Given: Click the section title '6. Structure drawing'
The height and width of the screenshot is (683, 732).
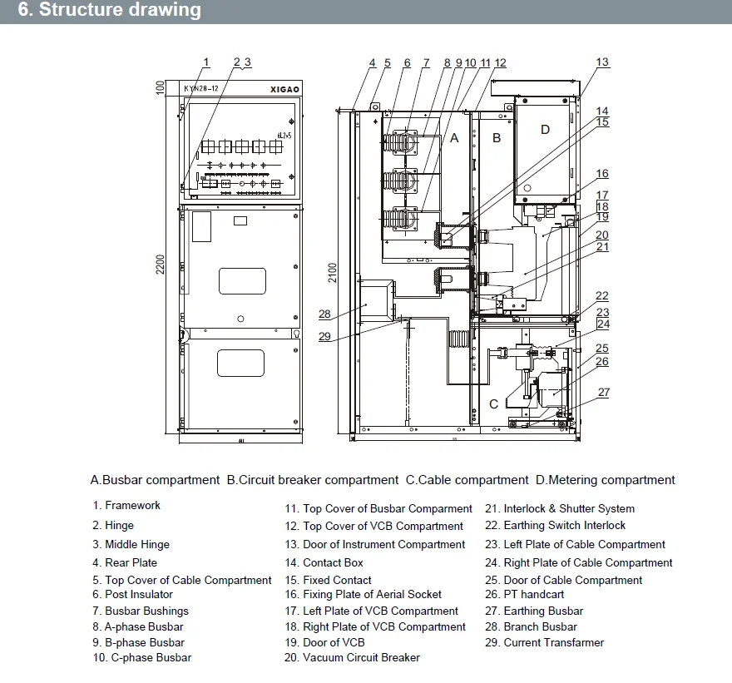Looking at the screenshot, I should coord(109,11).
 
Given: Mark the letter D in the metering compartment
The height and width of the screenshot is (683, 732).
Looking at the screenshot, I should coord(545,129).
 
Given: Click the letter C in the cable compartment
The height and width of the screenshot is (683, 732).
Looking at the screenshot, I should coord(493,404).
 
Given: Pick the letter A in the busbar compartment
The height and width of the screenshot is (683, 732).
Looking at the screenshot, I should coord(454,138).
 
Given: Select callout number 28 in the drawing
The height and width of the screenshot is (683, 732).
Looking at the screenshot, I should coord(324,314).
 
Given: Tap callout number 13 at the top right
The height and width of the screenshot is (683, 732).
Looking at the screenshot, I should coord(602,62).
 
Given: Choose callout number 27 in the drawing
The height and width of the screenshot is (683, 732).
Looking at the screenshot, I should coord(604,392).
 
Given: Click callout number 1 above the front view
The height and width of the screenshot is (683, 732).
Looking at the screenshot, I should coord(206,62).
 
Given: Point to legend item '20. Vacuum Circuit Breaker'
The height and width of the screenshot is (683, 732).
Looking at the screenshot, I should coord(351,658).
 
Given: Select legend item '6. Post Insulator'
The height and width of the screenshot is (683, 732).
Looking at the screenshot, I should coord(132,595).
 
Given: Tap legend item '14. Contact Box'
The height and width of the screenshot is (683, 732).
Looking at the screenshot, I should coord(324,563).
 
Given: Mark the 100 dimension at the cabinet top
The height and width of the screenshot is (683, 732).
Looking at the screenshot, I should coord(161,87).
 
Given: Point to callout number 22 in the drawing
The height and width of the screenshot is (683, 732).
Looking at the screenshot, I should coord(602,296).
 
